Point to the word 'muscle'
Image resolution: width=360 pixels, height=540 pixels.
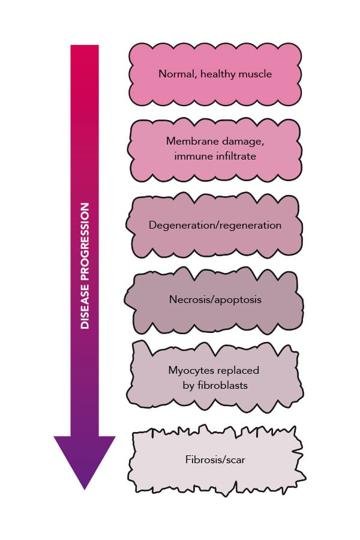pos(253,74)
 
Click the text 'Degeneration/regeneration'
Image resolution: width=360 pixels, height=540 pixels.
pos(215,226)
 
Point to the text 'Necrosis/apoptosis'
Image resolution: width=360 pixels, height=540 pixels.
pos(215,299)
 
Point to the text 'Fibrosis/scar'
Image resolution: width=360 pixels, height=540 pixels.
pos(215,461)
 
